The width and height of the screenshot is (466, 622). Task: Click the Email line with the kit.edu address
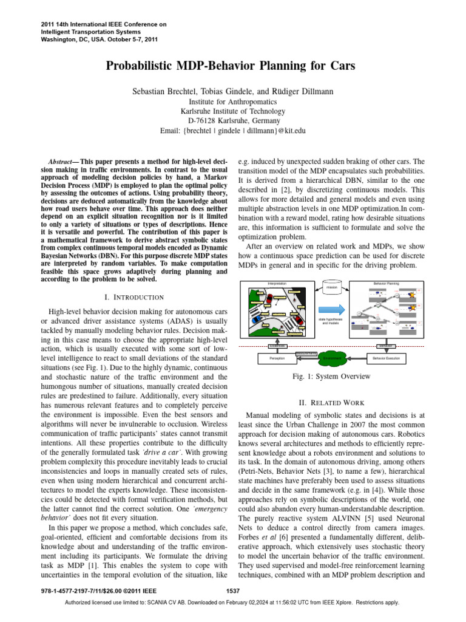pyautogui.click(x=232, y=130)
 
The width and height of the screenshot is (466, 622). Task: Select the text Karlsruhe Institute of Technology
pyautogui.click(x=232, y=111)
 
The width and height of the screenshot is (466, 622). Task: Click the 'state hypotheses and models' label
pyautogui.click(x=332, y=322)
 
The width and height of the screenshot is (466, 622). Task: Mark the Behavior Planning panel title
pyautogui.click(x=386, y=283)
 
